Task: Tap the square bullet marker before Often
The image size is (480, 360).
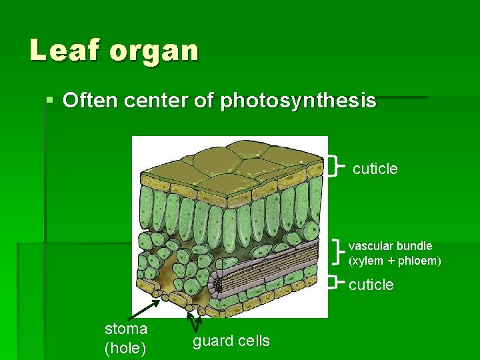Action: point(51,101)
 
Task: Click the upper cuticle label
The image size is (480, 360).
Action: point(375,169)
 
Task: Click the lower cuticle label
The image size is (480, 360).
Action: point(371,285)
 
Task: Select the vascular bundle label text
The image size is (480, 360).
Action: point(390,246)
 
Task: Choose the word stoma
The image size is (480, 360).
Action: point(126,329)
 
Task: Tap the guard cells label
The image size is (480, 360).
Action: point(231,341)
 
